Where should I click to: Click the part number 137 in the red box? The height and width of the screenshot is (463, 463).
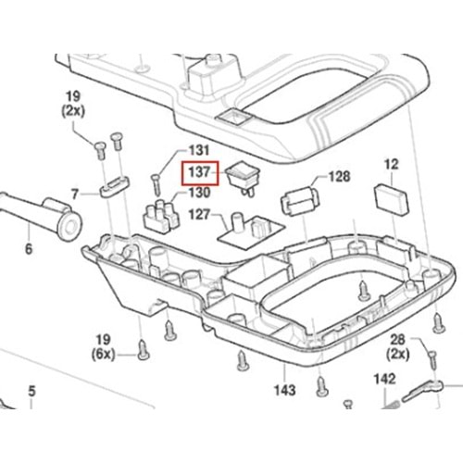coord(199,172)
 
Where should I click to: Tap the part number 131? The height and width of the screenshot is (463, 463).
coord(199,151)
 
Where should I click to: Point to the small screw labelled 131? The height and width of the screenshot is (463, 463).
coord(156,185)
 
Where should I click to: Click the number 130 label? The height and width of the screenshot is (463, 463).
coord(199,193)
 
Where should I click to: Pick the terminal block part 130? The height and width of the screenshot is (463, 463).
coord(161,215)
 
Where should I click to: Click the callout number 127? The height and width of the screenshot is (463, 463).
coord(199,215)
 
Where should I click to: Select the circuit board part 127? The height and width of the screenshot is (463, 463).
coord(251,230)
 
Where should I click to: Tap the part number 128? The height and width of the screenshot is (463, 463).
coord(340,177)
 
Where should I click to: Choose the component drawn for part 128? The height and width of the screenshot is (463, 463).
coord(300,201)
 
